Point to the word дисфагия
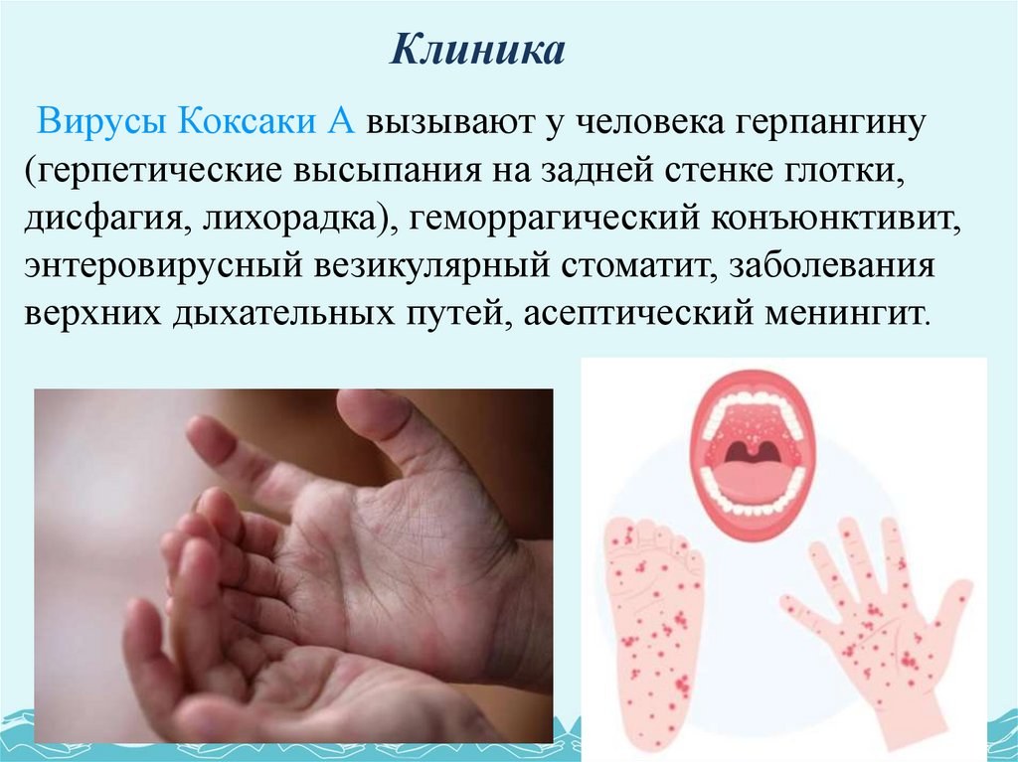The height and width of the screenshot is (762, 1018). click(97, 221)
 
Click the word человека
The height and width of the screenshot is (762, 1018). click(637, 125)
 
